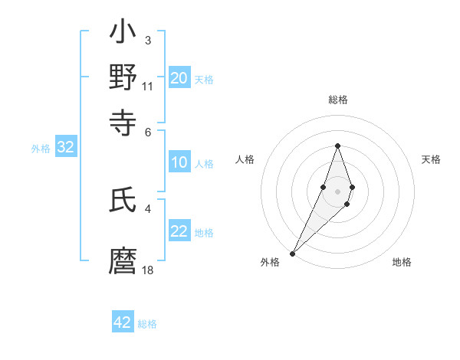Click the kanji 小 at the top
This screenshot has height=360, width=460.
[x=123, y=34]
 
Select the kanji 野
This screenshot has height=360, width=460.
[x=123, y=77]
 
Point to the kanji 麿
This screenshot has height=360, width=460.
[x=123, y=260]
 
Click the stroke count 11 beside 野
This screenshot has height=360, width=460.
[x=148, y=86]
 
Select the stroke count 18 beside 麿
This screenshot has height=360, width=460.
[x=148, y=270]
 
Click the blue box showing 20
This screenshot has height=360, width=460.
[x=179, y=77]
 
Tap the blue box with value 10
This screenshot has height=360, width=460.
[x=179, y=162]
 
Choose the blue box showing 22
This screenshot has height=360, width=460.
[x=179, y=231]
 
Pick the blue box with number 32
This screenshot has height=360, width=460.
[x=66, y=148]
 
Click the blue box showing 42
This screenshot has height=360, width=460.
[x=123, y=322]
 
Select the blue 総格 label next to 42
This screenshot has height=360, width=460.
[x=147, y=324]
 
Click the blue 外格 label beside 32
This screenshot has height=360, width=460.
[x=41, y=149]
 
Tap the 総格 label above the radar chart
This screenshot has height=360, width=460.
[x=337, y=100]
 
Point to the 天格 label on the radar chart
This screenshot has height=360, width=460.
[x=432, y=159]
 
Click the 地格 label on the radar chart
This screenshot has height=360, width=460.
[x=402, y=262]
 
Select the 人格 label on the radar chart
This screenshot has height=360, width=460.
[x=245, y=159]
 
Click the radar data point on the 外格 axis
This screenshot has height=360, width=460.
[x=293, y=252]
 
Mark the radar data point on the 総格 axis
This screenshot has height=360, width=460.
[x=337, y=146]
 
